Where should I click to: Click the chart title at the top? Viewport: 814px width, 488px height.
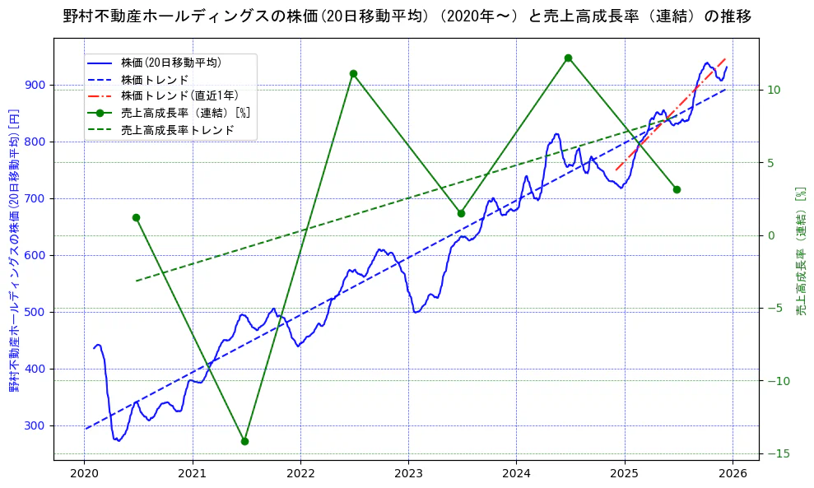407,16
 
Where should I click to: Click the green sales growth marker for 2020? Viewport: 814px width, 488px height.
136,217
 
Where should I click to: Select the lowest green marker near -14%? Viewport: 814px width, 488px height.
244,441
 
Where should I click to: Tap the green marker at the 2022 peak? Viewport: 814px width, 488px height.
353,73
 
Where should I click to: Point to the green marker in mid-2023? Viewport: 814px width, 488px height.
461,213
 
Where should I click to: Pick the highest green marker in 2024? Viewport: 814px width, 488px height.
568,58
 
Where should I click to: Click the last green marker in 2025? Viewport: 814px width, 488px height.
677,189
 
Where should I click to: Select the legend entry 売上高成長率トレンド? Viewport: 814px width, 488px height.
177,130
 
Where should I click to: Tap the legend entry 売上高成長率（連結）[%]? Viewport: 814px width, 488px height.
184,113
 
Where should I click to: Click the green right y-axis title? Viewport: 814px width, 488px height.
800,251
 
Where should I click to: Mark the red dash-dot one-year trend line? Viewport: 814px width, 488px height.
671,115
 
